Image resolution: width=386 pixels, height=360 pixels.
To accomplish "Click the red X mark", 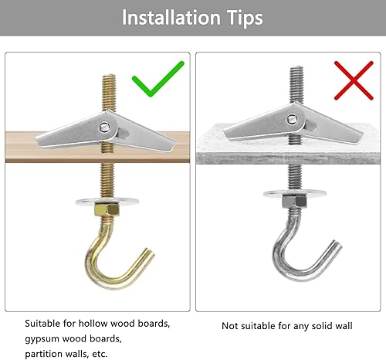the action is tap(354, 80).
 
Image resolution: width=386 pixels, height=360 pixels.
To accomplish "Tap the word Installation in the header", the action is tap(171, 18).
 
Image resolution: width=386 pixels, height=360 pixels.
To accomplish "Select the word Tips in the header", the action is tap(245, 19).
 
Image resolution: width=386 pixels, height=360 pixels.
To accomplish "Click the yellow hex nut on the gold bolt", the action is tap(107, 209).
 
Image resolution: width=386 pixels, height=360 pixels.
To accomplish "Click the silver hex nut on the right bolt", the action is tap(294, 202).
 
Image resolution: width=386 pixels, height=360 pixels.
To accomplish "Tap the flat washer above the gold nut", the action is tap(107, 201).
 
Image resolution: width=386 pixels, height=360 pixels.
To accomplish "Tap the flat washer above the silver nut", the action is tap(295, 193).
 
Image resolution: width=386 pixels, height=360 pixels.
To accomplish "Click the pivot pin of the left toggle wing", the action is tap(104, 127).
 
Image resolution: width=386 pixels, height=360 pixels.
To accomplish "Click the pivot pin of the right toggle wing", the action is tap(292, 119).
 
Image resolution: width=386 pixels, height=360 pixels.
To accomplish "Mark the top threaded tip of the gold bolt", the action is tap(109, 76).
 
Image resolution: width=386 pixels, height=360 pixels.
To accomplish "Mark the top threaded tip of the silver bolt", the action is tap(296, 67).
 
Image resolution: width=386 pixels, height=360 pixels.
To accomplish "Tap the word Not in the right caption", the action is tap(229, 326).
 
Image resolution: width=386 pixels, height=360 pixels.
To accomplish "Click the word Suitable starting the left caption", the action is tap(42, 323).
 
